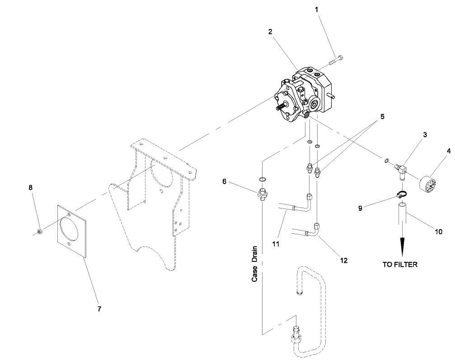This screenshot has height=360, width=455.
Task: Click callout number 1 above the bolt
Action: pos(316,9)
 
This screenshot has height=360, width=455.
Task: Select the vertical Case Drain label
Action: pos(255,264)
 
